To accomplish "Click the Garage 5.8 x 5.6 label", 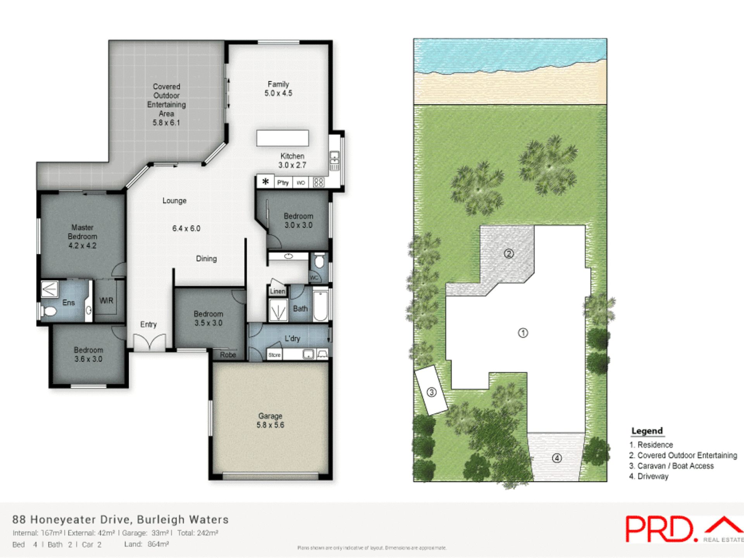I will [x=270, y=420].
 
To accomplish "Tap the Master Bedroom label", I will [x=82, y=236].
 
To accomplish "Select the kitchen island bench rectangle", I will [x=282, y=138].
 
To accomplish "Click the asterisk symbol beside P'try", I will [x=265, y=181].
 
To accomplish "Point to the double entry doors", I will [x=149, y=342].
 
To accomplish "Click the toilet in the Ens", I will [x=49, y=311].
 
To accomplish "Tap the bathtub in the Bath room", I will [x=320, y=306].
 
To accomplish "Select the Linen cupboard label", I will [x=277, y=291].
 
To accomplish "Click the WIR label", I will [x=106, y=300].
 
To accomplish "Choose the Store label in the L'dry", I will [x=274, y=355].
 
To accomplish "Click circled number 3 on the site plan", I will [x=431, y=392].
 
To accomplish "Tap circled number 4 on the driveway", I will [x=557, y=458].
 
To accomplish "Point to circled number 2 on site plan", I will [x=509, y=253].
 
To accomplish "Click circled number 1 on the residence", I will [x=523, y=333].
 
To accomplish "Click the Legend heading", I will [x=647, y=431].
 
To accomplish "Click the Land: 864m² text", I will [x=146, y=544].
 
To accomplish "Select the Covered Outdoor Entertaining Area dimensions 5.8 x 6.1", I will [x=166, y=123].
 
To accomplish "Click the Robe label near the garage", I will [x=228, y=355].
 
